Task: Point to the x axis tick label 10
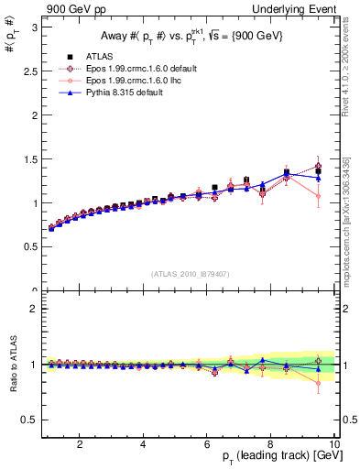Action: pos(333,444)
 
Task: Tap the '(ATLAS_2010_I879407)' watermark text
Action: pos(191,274)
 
